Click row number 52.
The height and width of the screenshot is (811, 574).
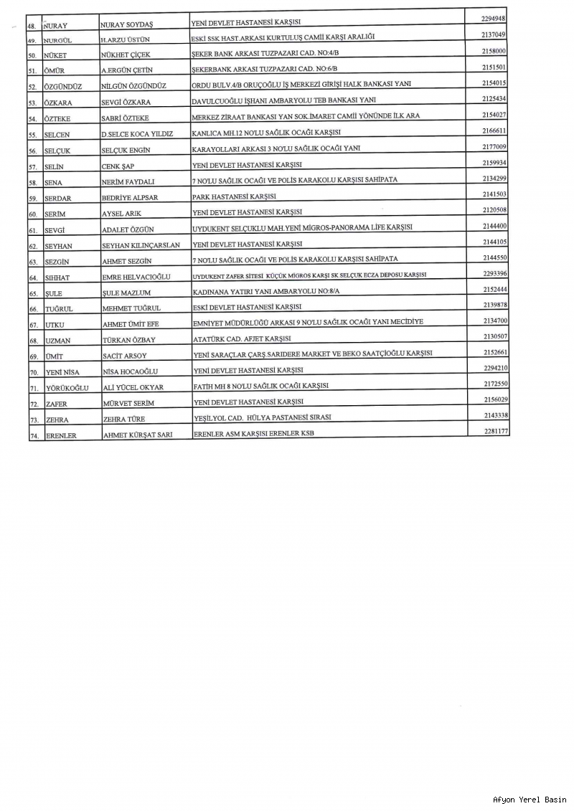(33, 87)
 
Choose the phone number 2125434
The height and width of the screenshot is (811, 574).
(495, 98)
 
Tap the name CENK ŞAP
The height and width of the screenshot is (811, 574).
(118, 166)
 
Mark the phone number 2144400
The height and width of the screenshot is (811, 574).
(495, 226)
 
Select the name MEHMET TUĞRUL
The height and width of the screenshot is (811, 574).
(131, 308)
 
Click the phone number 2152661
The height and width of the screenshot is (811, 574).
(495, 352)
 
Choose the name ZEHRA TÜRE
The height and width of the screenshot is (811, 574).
(126, 419)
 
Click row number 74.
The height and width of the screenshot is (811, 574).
(33, 435)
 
